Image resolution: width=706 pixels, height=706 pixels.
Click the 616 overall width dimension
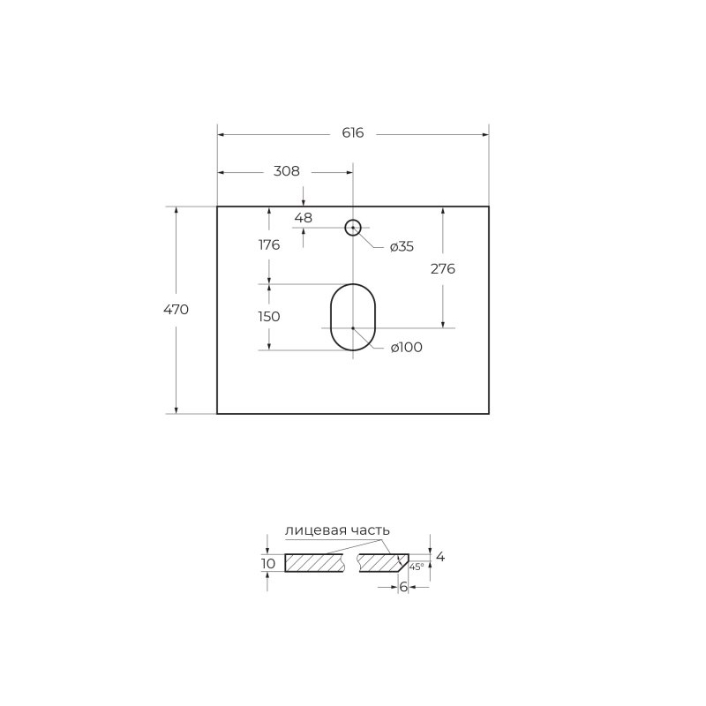pos(352,133)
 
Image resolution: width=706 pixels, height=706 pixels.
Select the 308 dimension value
pos(286,171)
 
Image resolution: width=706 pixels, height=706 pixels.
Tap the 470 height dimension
pos(176,310)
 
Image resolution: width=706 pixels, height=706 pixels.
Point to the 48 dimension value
pos(303,218)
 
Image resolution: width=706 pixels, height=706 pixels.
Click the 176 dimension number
pos(269,245)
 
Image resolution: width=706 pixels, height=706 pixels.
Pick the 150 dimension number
pos(269,317)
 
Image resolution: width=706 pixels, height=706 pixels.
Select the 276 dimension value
pos(443,269)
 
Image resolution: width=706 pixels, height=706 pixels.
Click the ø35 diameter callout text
pos(402,247)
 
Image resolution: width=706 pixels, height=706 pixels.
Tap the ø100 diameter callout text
pos(407,347)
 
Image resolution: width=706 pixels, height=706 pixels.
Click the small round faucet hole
pos(352,220)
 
